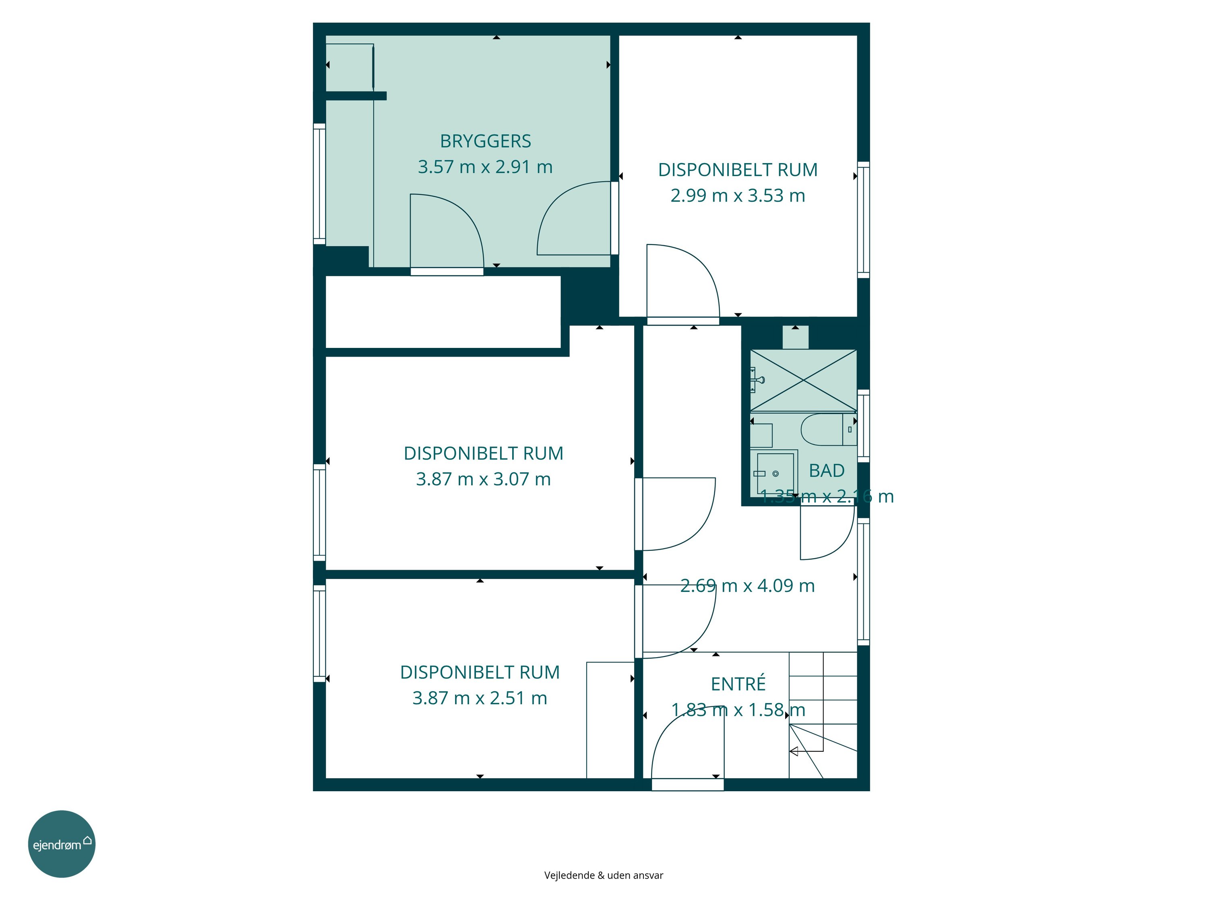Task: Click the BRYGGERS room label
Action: tap(486, 141)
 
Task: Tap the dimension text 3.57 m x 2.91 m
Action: tap(486, 167)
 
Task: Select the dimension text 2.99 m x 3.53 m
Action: tap(738, 196)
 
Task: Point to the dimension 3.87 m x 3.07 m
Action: tap(483, 479)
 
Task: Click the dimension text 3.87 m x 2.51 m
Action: tap(480, 698)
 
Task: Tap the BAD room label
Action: tap(827, 471)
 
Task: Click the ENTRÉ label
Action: tap(738, 684)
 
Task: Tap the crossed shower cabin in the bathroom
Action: tap(803, 380)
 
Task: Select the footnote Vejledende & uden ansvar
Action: tap(604, 875)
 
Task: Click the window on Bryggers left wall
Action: tap(319, 184)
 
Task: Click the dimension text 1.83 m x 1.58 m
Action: tap(738, 709)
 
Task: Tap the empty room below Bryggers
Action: tap(443, 312)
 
